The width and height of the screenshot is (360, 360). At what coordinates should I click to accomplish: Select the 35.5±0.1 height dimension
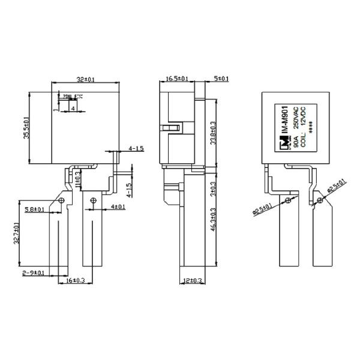point(26,128)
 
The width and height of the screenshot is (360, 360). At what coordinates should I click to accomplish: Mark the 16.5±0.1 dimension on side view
point(177,79)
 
